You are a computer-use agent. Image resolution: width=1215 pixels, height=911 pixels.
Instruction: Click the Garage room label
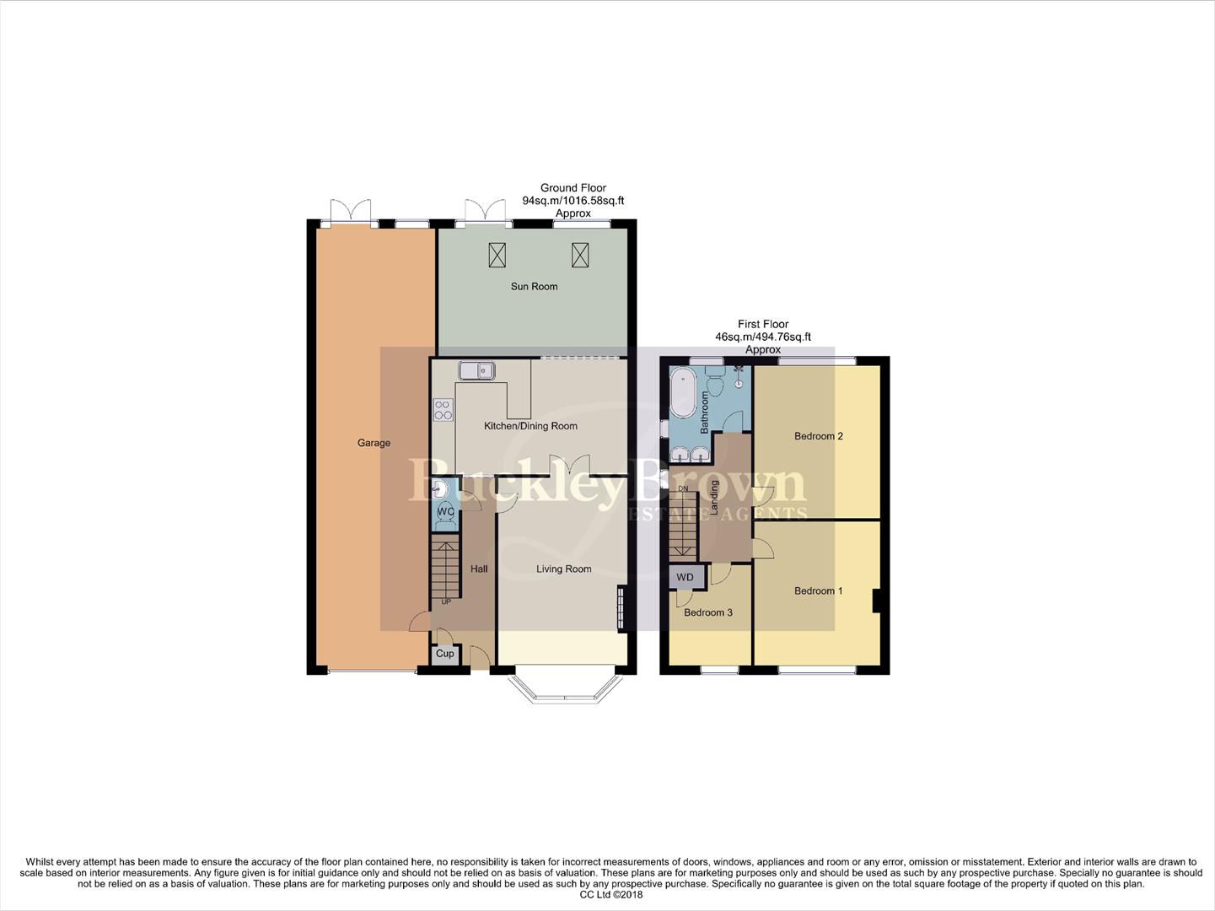[x=374, y=443]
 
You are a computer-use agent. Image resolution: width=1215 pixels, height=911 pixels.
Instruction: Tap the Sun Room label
[x=534, y=287]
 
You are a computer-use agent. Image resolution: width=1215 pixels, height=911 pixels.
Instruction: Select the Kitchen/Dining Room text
[x=530, y=426]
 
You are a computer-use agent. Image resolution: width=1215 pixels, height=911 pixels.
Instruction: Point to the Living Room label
[x=563, y=569]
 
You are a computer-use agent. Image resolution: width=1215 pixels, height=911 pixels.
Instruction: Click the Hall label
[x=479, y=569]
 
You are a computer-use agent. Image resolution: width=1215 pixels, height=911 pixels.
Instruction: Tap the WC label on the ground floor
[x=446, y=512]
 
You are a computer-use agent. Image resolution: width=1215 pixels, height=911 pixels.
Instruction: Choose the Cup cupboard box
[x=445, y=655]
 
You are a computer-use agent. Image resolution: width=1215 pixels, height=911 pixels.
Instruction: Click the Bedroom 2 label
[x=818, y=436]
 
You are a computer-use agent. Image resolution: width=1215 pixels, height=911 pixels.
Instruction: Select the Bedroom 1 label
[x=818, y=591]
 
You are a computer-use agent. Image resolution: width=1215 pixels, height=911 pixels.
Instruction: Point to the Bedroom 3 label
[x=707, y=612]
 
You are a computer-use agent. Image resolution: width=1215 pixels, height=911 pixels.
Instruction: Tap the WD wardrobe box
[x=685, y=578]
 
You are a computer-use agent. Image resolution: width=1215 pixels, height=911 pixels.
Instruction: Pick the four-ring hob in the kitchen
[x=444, y=410]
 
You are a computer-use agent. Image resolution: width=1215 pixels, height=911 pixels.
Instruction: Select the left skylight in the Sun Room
[x=497, y=253]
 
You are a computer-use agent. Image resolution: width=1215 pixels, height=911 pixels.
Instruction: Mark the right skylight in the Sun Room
[x=579, y=253]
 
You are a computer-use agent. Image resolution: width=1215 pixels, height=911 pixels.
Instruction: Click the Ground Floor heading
[x=573, y=188]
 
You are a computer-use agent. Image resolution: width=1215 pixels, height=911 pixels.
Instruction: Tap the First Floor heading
[x=763, y=324]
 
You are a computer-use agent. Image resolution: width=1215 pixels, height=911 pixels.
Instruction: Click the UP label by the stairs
[x=446, y=602]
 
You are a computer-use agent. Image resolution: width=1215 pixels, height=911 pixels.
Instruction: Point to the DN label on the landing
[x=683, y=488]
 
